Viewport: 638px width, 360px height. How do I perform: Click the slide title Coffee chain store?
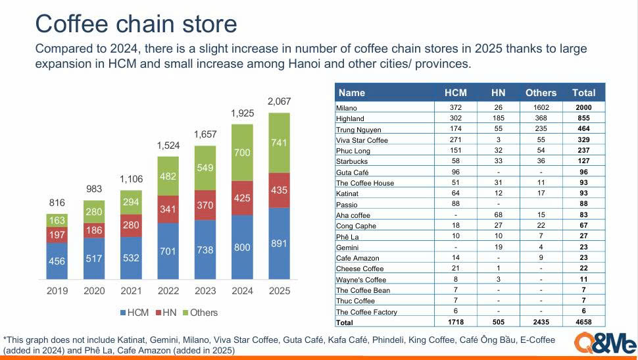pyautogui.click(x=135, y=24)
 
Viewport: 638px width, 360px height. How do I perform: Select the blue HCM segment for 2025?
pyautogui.click(x=279, y=242)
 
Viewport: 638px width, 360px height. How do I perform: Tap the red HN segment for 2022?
pyautogui.click(x=168, y=209)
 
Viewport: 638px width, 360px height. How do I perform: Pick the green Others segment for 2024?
pyautogui.click(x=242, y=153)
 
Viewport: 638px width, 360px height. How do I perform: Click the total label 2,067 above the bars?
pyautogui.click(x=279, y=101)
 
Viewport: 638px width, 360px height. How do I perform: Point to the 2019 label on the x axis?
pyautogui.click(x=57, y=290)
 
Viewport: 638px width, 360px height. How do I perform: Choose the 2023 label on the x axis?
pyautogui.click(x=205, y=290)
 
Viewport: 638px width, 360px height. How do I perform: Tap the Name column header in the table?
pyautogui.click(x=351, y=93)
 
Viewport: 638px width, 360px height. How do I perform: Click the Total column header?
pyautogui.click(x=583, y=93)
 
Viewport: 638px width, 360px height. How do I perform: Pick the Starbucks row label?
pyautogui.click(x=352, y=161)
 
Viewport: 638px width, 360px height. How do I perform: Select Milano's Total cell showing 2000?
pyautogui.click(x=583, y=107)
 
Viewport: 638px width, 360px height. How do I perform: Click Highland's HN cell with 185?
pyautogui.click(x=498, y=118)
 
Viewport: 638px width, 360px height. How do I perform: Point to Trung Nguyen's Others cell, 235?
pyautogui.click(x=541, y=129)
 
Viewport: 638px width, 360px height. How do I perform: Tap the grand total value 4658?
pyautogui.click(x=583, y=322)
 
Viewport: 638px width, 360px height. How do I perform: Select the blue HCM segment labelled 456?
pyautogui.click(x=57, y=261)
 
